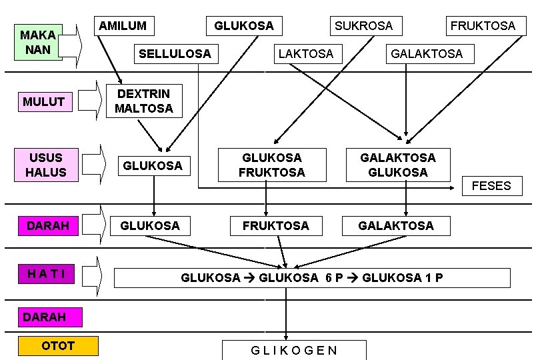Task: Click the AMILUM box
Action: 123,26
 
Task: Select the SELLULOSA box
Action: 175,53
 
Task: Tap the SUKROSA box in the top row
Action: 363,26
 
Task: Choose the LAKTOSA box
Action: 305,53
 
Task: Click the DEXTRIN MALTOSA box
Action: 143,101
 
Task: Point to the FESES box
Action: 491,186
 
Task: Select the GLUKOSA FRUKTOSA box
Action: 272,165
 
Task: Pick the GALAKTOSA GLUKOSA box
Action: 397,165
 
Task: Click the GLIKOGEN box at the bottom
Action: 294,350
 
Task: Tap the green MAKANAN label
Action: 38,42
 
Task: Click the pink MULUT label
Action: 43,101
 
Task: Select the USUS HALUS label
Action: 46,165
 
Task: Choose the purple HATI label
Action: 46,273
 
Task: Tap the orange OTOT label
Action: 58,345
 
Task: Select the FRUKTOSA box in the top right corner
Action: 483,26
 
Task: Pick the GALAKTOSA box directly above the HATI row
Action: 395,225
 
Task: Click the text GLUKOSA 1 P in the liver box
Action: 402,278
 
